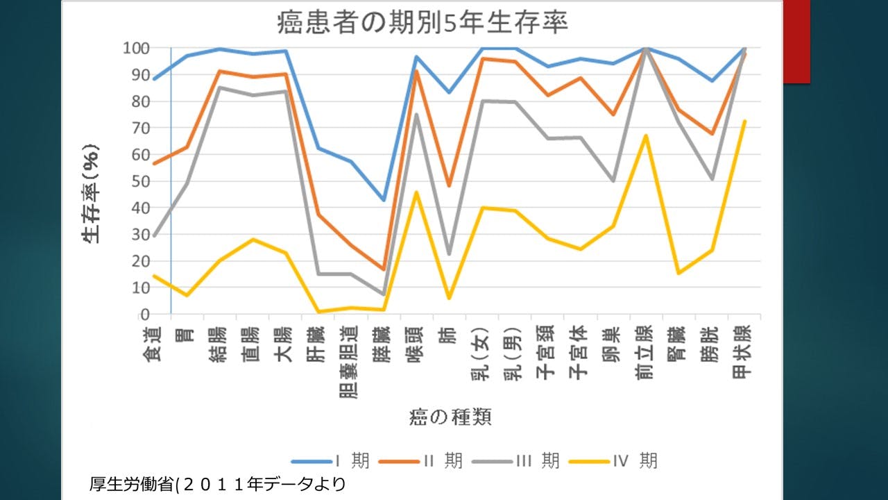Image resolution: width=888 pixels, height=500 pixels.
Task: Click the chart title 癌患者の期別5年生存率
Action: [x=422, y=22]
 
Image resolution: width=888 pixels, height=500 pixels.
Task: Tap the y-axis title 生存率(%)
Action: [x=91, y=193]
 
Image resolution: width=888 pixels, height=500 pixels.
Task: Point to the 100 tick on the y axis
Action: [x=137, y=48]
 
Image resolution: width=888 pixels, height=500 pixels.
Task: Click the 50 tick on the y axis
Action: [x=141, y=181]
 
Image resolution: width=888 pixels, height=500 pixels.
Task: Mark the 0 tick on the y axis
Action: [x=146, y=315]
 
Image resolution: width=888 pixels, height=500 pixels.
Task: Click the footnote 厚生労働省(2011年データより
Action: [x=217, y=483]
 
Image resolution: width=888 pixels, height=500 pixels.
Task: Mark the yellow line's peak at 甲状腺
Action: [x=744, y=121]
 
